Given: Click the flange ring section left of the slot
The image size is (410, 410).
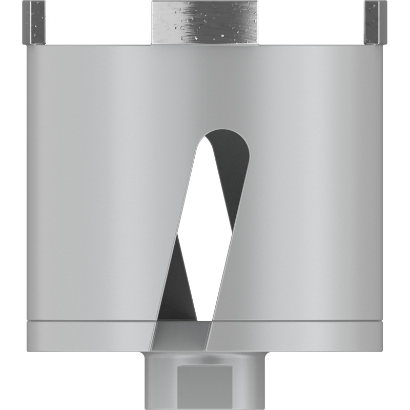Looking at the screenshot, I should tap(87, 336).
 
